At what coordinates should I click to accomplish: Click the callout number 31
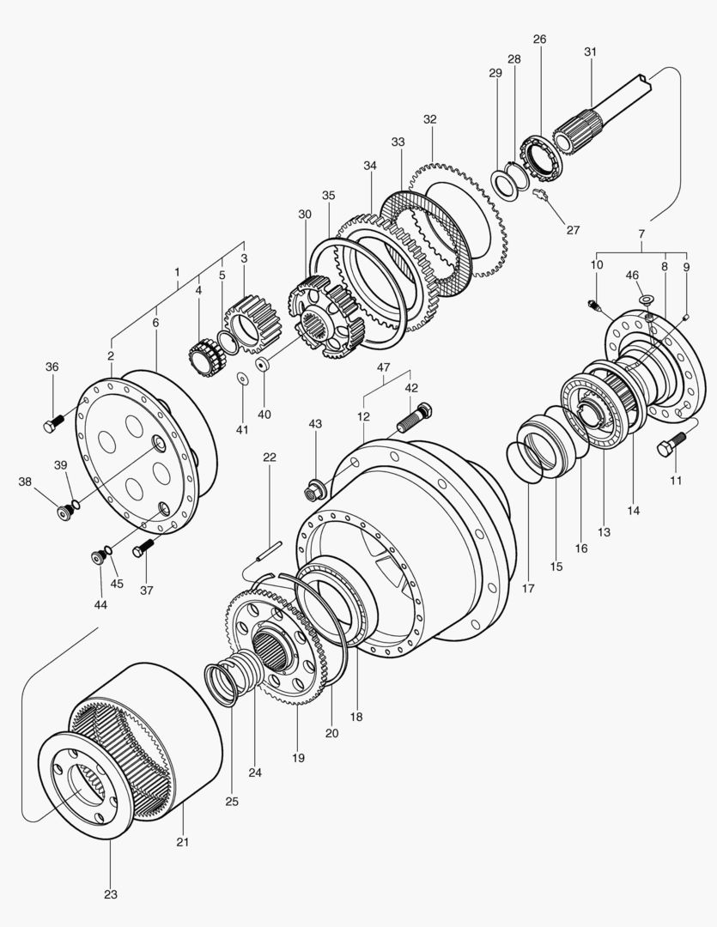click(590, 51)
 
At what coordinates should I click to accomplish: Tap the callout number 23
click(111, 894)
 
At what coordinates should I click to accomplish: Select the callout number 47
click(383, 367)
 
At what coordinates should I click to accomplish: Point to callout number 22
click(270, 457)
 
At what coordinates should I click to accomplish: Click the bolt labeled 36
click(52, 423)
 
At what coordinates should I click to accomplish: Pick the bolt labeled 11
click(670, 445)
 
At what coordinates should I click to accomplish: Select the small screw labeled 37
click(143, 544)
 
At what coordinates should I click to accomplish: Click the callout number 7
click(641, 233)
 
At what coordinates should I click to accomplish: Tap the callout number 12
click(363, 416)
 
